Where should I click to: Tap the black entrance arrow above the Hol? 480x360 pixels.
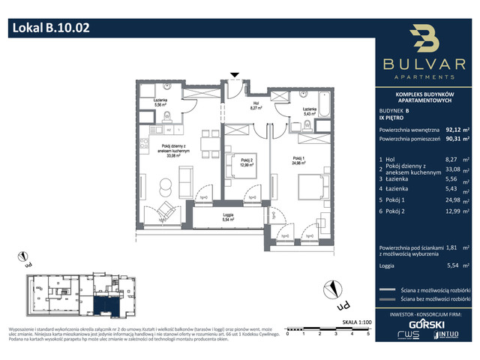[x=235, y=75]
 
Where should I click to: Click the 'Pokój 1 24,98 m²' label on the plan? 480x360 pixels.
[x=301, y=160]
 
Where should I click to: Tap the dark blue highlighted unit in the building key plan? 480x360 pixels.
[x=106, y=304]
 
